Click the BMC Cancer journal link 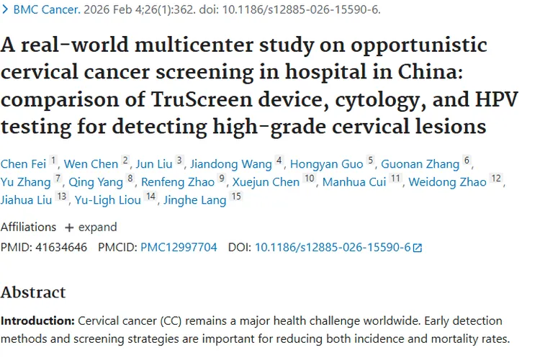pyautogui.click(x=45, y=10)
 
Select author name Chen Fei pyautogui.click(x=23, y=164)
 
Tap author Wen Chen pyautogui.click(x=91, y=164)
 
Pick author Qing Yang pyautogui.click(x=96, y=181)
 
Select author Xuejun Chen pyautogui.click(x=265, y=181)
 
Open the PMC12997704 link pyautogui.click(x=179, y=247)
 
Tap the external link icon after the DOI pyautogui.click(x=418, y=248)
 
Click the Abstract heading pyautogui.click(x=33, y=292)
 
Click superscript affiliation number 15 pyautogui.click(x=236, y=197)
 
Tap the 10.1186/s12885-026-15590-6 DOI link pyautogui.click(x=333, y=247)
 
